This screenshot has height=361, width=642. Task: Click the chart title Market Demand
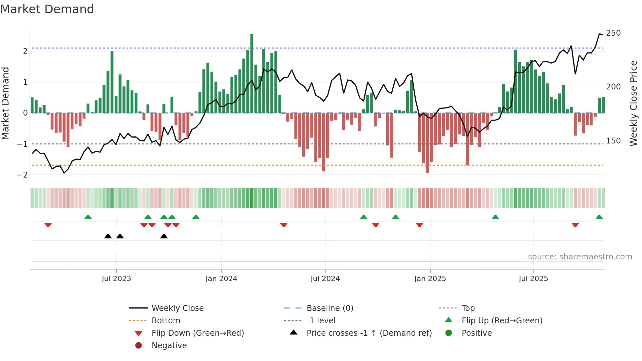pyautogui.click(x=47, y=9)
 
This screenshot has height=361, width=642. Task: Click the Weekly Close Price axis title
pyautogui.click(x=633, y=103)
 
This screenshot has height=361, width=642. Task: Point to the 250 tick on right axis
pyautogui.click(x=613, y=33)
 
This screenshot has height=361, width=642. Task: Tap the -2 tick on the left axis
pyautogui.click(x=22, y=175)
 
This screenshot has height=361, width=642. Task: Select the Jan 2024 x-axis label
pyautogui.click(x=221, y=279)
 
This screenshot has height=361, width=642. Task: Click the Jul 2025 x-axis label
pyautogui.click(x=533, y=279)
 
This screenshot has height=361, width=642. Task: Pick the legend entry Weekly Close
pyautogui.click(x=177, y=308)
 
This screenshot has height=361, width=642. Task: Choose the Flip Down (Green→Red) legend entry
pyautogui.click(x=198, y=333)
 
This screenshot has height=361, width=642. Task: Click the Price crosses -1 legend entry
pyautogui.click(x=369, y=333)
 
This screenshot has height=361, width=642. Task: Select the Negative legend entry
pyautogui.click(x=169, y=346)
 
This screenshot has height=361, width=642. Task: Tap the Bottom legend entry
pyautogui.click(x=166, y=321)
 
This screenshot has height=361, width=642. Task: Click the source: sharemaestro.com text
pyautogui.click(x=580, y=257)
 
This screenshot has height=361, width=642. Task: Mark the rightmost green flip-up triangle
pyautogui.click(x=599, y=217)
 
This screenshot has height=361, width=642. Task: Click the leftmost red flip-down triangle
pyautogui.click(x=48, y=225)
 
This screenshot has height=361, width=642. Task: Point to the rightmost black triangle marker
pyautogui.click(x=164, y=236)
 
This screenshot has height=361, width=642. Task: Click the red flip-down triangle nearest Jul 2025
pyautogui.click(x=575, y=225)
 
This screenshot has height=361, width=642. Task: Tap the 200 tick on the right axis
pyautogui.click(x=613, y=87)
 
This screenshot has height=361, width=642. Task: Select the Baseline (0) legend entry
pyautogui.click(x=330, y=308)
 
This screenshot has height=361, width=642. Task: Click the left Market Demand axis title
pyautogui.click(x=6, y=103)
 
